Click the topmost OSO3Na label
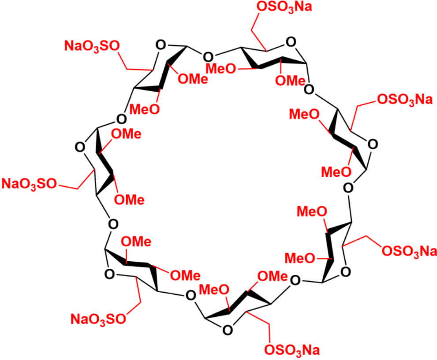[x=284, y=7]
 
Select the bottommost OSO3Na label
[x=292, y=350]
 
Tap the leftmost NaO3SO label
[x=29, y=184]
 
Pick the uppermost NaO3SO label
[x=92, y=46]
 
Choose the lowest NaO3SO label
[x=98, y=319]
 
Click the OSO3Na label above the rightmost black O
[x=405, y=100]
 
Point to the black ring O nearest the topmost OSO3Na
[x=291, y=42]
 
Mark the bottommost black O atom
[x=228, y=330]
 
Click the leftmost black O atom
[x=80, y=147]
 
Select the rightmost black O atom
[x=373, y=144]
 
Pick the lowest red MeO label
[x=214, y=290]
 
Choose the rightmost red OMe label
[x=290, y=81]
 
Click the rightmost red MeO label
[x=336, y=172]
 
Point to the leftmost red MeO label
[x=145, y=109]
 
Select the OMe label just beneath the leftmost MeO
[x=126, y=134]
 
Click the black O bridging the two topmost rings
[x=208, y=57]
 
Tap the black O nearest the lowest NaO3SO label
[x=109, y=274]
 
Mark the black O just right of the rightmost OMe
[x=309, y=89]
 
